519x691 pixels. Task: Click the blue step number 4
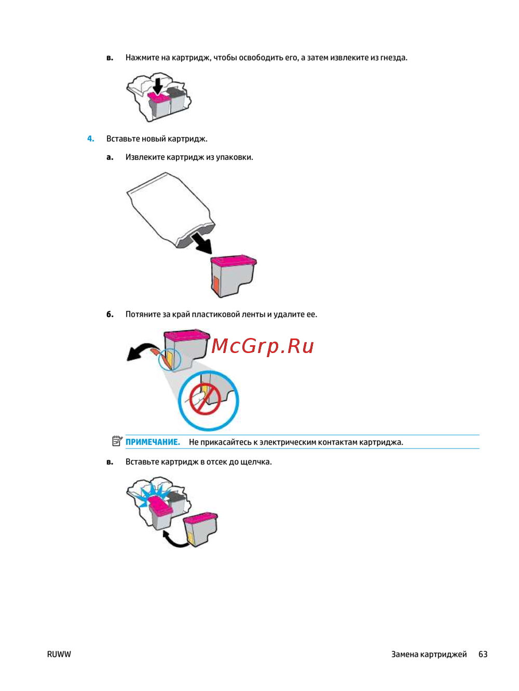click(x=91, y=139)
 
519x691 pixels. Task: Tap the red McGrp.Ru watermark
click(x=262, y=347)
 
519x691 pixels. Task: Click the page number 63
click(x=483, y=654)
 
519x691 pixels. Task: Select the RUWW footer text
click(x=59, y=654)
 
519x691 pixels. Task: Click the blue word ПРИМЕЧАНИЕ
click(x=153, y=442)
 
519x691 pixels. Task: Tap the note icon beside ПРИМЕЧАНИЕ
click(x=117, y=441)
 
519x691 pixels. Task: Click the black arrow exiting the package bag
click(x=202, y=243)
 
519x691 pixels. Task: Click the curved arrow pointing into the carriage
click(x=174, y=540)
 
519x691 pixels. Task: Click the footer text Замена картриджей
click(x=429, y=655)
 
